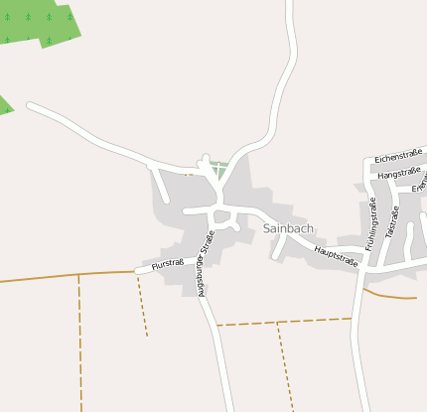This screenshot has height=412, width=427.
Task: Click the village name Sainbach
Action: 289,228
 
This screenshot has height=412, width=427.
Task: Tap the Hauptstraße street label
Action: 336,255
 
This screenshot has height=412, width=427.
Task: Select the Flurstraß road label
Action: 167,264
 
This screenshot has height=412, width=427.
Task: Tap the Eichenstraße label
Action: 398,154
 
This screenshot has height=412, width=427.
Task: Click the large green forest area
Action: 40,22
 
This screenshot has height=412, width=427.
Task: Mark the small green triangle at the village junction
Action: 218,170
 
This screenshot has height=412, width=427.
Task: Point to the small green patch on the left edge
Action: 5,104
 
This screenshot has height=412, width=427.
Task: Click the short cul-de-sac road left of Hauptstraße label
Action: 278,247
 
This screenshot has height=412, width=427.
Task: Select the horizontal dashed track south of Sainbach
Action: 284,322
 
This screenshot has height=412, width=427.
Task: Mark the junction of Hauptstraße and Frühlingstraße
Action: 362,269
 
